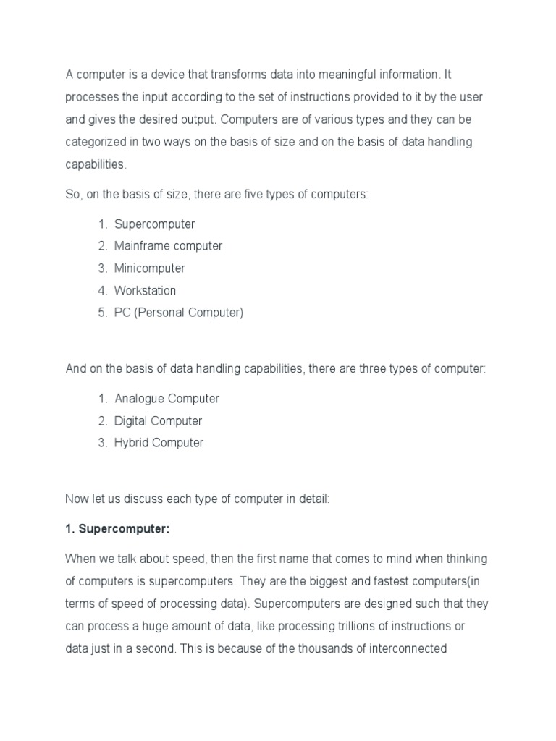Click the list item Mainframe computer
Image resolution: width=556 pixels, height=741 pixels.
168,246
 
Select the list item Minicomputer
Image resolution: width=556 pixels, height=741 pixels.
149,268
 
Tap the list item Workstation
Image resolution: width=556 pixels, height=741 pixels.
145,291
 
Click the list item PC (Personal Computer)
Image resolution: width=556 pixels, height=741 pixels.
179,313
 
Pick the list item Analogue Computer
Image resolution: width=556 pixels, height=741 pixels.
167,399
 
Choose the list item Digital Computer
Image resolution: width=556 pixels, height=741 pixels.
158,421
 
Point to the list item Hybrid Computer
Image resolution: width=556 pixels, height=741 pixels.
159,443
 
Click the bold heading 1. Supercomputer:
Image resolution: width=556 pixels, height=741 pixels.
117,528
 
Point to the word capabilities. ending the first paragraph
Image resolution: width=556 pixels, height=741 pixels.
96,164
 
